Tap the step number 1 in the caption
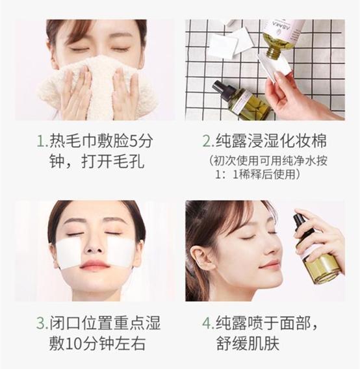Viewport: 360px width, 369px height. point(42,141)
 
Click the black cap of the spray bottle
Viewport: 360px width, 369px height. point(301,224)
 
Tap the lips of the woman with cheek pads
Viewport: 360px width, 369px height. point(95,265)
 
